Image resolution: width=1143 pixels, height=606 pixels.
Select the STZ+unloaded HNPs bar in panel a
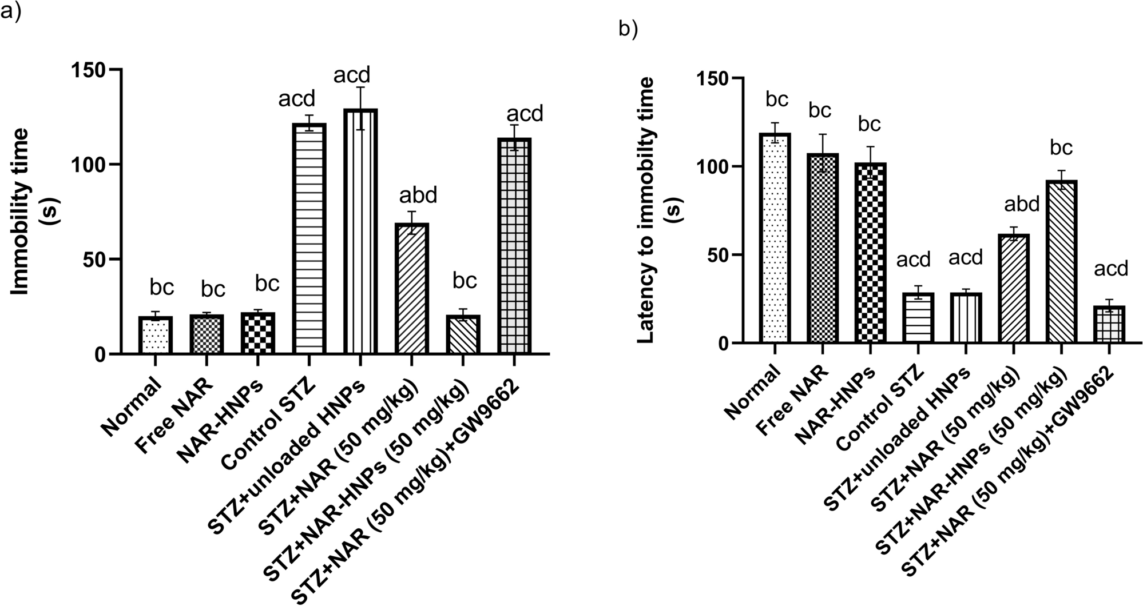[360, 231]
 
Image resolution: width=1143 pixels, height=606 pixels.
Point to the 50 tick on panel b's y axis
[708, 255]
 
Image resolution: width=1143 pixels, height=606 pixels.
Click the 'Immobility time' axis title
[21, 212]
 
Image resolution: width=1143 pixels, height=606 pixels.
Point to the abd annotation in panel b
[1022, 204]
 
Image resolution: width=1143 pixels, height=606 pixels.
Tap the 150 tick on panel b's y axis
[708, 78]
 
